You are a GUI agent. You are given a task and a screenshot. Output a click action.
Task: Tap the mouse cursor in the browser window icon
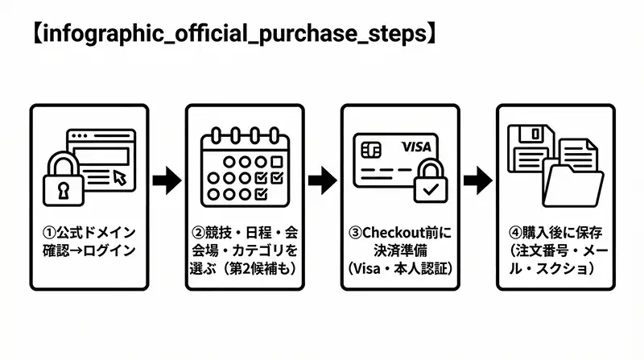[x=120, y=177]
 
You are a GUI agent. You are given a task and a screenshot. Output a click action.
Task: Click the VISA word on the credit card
[x=416, y=147]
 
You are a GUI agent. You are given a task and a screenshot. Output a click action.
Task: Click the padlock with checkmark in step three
[x=431, y=184]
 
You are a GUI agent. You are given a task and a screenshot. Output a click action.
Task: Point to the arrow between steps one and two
[x=167, y=180]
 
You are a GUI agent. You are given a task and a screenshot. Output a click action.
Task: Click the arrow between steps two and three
[x=321, y=180]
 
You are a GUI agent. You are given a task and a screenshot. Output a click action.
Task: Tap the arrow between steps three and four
[x=477, y=180]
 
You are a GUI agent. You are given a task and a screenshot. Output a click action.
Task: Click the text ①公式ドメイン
[x=89, y=233]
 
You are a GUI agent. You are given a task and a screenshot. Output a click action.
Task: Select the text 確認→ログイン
[x=89, y=250]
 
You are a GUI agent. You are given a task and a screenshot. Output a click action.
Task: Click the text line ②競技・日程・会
[x=243, y=233]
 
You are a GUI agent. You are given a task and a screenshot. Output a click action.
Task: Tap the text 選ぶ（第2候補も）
[x=243, y=268]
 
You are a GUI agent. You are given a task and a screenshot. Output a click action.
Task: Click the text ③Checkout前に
[x=398, y=233]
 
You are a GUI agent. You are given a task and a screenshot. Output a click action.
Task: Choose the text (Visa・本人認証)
[x=398, y=268]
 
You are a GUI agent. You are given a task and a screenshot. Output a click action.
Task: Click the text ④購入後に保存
[x=554, y=233]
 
